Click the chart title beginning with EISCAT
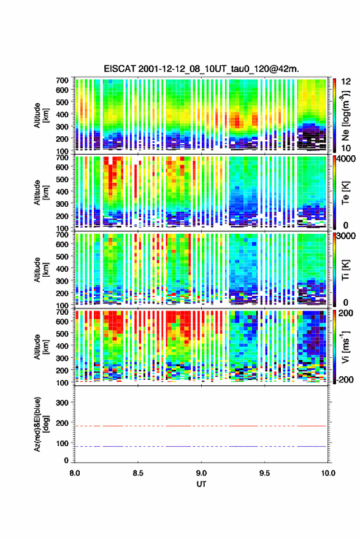201,69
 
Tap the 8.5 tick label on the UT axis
138,473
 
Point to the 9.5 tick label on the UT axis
264,473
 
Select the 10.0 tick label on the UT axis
328,473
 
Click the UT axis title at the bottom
201,484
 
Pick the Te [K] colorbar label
345,193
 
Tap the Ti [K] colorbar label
345,269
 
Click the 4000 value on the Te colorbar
346,159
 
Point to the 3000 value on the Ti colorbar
346,236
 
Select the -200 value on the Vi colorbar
345,379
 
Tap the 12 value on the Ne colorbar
346,82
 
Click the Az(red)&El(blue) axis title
41,424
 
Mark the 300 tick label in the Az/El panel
62,403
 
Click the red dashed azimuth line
201,426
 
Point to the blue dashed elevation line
201,446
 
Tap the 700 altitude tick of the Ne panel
62,80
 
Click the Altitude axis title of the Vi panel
41,347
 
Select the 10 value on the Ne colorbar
346,148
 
